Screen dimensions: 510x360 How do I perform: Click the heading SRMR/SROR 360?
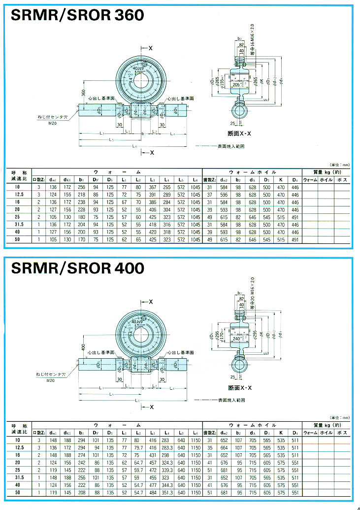77,15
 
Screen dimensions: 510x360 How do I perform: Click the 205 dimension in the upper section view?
238,85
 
